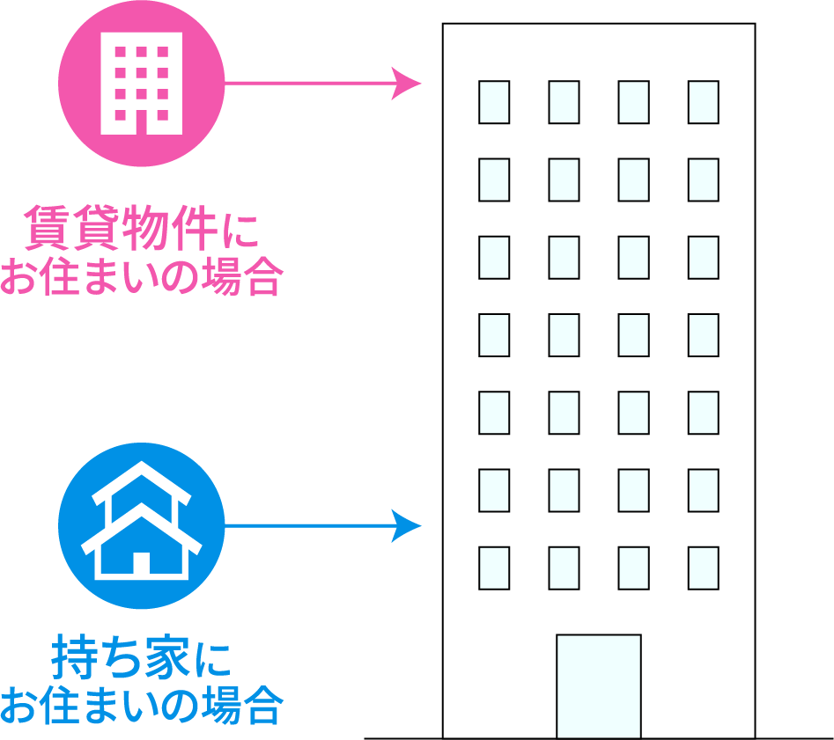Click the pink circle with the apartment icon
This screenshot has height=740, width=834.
click(x=142, y=84)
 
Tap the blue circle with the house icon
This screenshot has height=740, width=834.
click(x=142, y=526)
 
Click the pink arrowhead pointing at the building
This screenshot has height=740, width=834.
click(x=406, y=84)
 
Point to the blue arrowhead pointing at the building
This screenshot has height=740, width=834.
click(x=406, y=526)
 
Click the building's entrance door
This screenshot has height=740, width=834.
click(x=598, y=686)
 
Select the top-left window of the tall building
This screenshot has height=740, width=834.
click(x=494, y=102)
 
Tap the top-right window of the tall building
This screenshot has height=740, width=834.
click(x=703, y=102)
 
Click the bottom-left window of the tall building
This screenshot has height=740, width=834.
click(x=494, y=568)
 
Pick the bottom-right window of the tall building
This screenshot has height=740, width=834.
click(x=703, y=568)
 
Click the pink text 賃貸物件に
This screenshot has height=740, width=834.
click(x=142, y=228)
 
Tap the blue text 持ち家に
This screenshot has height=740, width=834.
click(x=141, y=657)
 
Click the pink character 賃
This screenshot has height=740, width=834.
click(x=47, y=228)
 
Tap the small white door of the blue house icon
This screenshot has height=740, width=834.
click(x=142, y=563)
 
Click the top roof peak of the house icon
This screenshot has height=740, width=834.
click(x=142, y=462)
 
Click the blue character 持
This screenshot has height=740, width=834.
click(x=74, y=657)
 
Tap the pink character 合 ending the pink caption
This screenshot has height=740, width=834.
click(x=262, y=276)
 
